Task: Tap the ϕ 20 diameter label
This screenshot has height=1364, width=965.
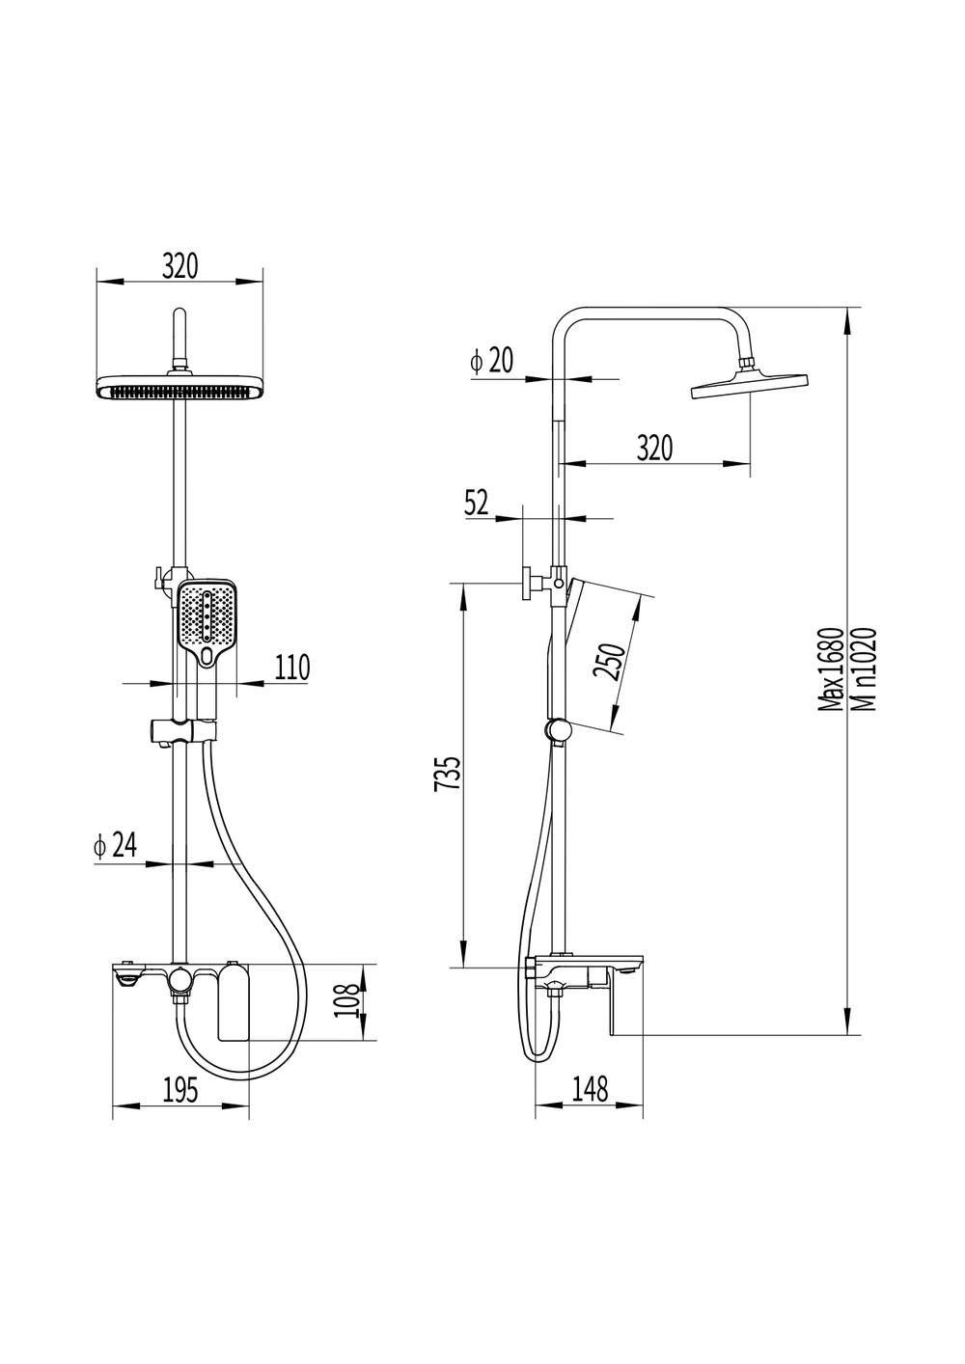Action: point(491,361)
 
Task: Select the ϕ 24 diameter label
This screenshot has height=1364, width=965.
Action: point(115,845)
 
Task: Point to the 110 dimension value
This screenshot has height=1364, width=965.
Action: point(292,668)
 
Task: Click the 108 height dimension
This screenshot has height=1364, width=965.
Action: point(346,1000)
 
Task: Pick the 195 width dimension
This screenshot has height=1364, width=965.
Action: point(181,1090)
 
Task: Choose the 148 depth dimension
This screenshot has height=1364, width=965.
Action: point(590,1089)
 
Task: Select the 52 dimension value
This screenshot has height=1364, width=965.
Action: point(477,503)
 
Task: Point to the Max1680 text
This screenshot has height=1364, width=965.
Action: point(829,668)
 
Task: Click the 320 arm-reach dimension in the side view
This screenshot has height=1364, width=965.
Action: point(654,448)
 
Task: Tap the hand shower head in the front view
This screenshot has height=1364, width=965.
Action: point(207,622)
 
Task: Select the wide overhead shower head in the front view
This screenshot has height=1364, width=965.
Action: point(181,389)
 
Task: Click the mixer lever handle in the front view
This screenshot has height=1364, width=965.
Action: point(234,1001)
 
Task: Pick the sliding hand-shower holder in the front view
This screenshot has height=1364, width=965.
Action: point(182,731)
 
